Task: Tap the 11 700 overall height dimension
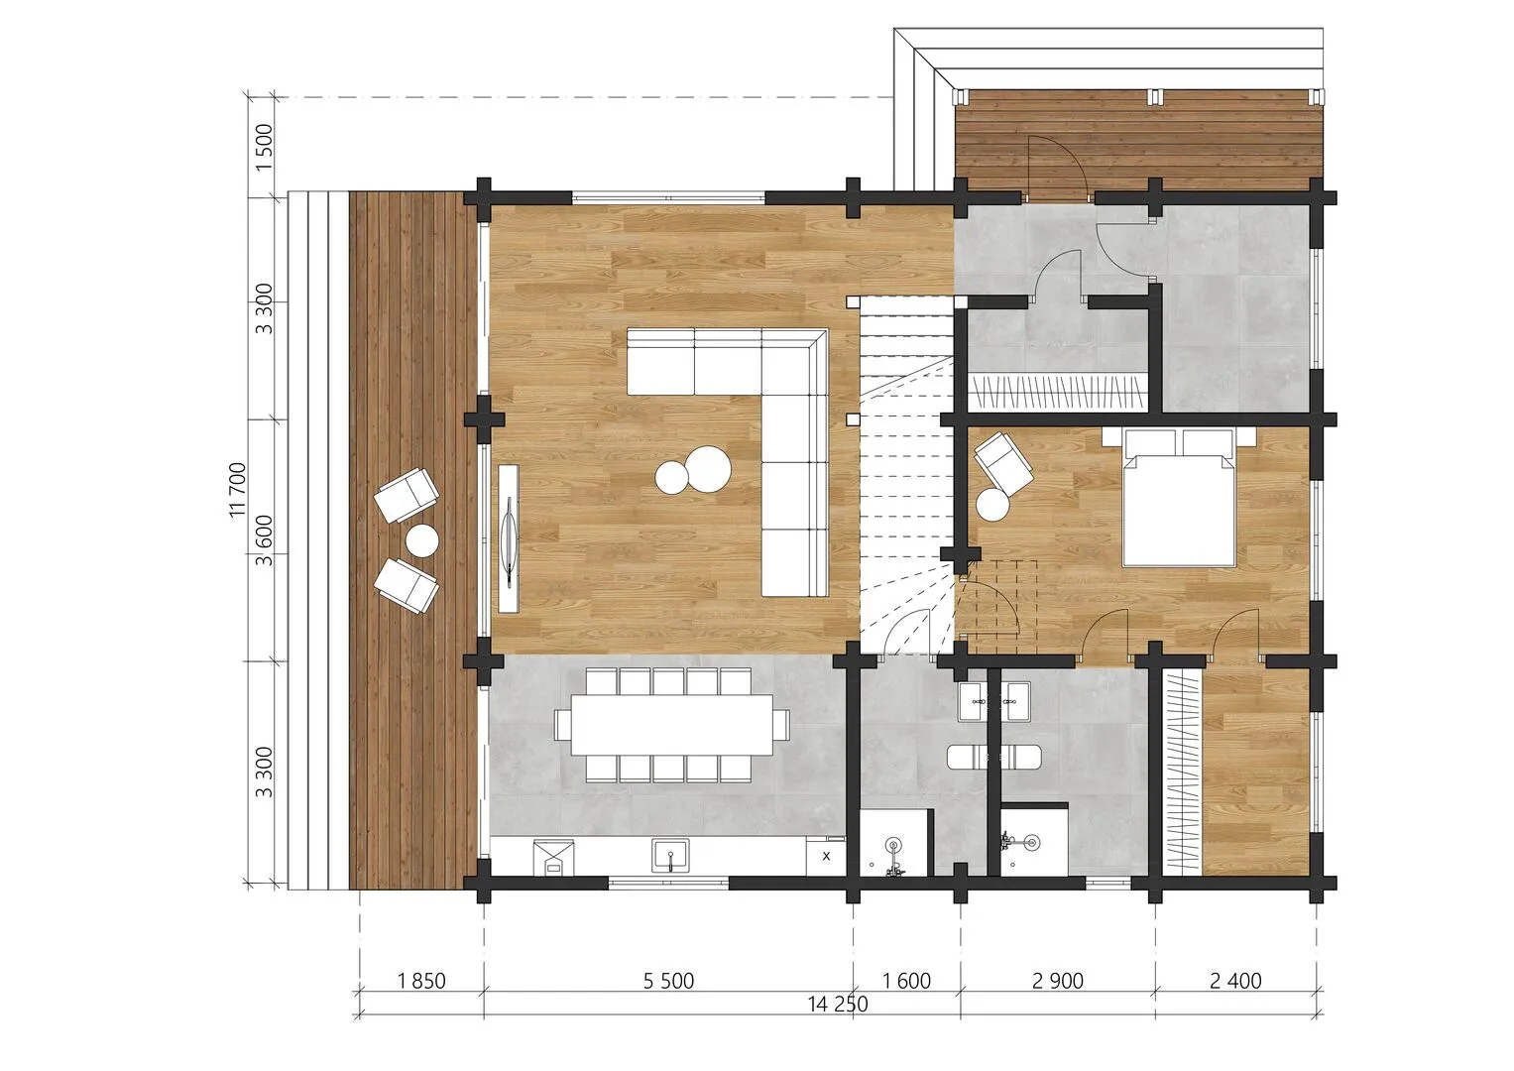coord(238,490)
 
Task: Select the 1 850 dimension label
coord(421,981)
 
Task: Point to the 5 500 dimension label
coord(668,981)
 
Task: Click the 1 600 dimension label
coord(906,981)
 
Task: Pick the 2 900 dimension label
coord(1058,981)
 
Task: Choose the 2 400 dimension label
coord(1235,981)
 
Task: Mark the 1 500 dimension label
coord(265,147)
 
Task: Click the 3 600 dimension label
coord(265,540)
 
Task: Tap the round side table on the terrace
coord(421,540)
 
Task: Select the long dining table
coord(672,724)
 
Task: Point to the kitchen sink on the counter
coord(670,856)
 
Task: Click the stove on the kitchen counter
coord(553,858)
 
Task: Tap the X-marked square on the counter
coord(825,857)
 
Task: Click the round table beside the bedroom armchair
coord(992,505)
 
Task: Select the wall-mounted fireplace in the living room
coord(509,538)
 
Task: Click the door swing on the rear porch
coord(1058,167)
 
